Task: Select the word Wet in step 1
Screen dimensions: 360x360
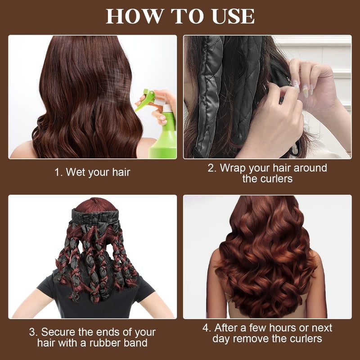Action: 76,172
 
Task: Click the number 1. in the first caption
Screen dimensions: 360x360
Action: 58,172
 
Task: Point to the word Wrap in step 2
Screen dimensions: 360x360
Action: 233,168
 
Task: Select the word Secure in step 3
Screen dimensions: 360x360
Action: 58,333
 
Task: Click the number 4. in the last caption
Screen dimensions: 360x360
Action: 207,327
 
